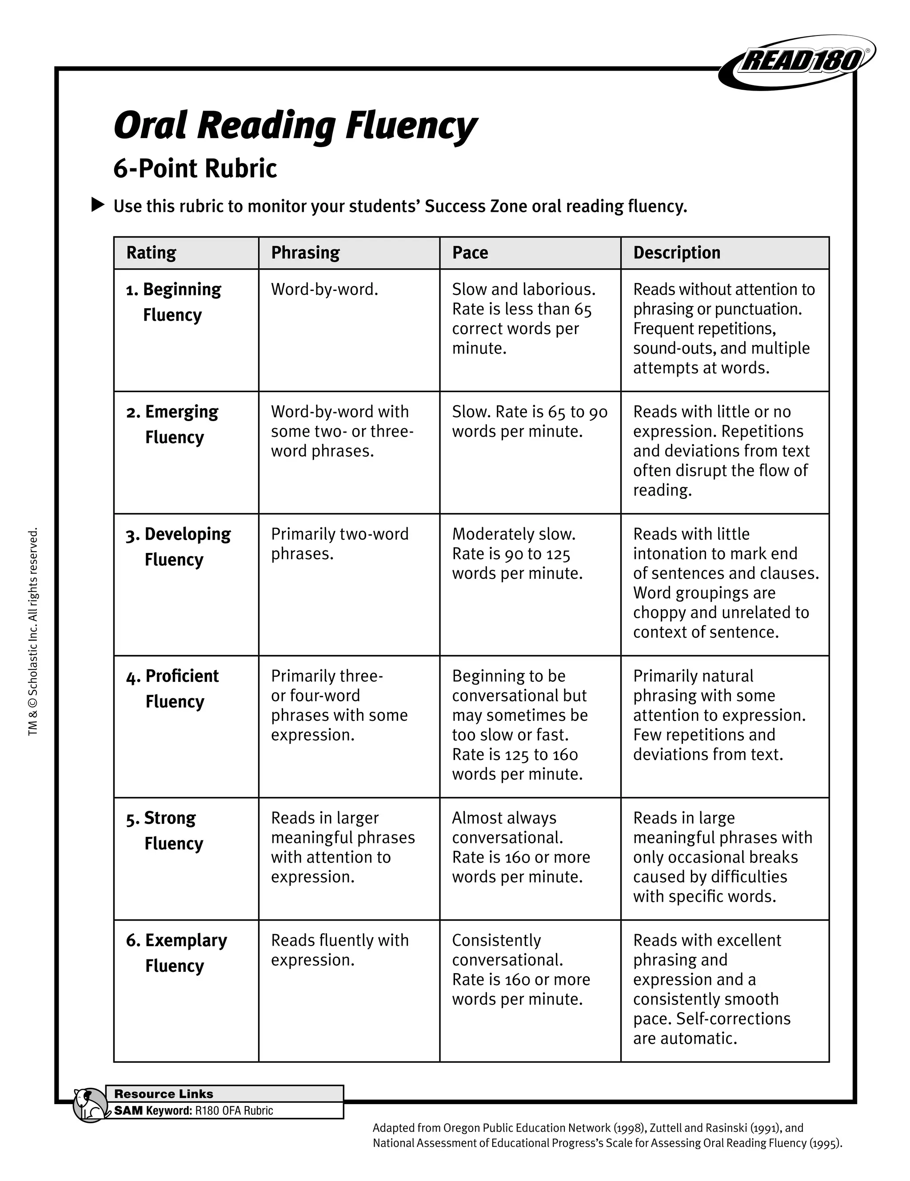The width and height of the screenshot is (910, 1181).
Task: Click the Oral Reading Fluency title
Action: (295, 125)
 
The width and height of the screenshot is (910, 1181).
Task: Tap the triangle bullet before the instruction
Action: (97, 205)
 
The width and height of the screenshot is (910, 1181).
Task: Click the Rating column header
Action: (152, 253)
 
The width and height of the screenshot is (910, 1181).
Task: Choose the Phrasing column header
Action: (305, 253)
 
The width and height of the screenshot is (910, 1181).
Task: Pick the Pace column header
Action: (470, 253)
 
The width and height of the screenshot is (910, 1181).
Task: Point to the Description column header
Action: (677, 253)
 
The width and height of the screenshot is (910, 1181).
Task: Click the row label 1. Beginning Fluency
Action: (174, 302)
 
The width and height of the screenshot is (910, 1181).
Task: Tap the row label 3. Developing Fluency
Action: (179, 546)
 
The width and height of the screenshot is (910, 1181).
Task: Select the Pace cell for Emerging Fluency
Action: (530, 421)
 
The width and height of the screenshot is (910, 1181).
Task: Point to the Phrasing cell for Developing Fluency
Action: (340, 544)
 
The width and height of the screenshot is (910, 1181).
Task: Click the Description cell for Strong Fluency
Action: (723, 857)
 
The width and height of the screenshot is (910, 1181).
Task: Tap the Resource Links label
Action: (164, 1094)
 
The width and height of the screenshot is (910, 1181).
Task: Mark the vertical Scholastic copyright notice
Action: (33, 632)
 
